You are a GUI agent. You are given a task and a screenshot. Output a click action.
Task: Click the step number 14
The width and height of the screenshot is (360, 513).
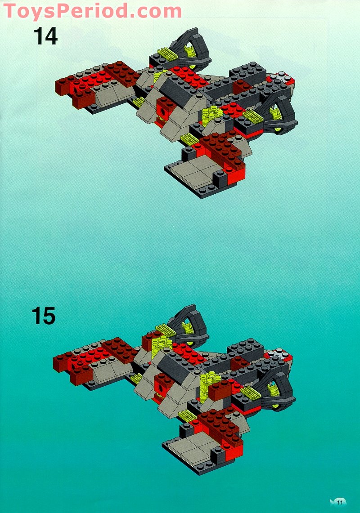click(x=45, y=36)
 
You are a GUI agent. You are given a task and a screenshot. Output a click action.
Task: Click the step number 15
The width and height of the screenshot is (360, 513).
click(x=44, y=316)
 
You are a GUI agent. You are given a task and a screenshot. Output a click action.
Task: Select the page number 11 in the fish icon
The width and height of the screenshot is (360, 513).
click(x=339, y=502)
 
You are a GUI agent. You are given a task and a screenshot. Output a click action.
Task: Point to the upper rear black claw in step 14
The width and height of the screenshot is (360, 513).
click(x=193, y=49)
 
